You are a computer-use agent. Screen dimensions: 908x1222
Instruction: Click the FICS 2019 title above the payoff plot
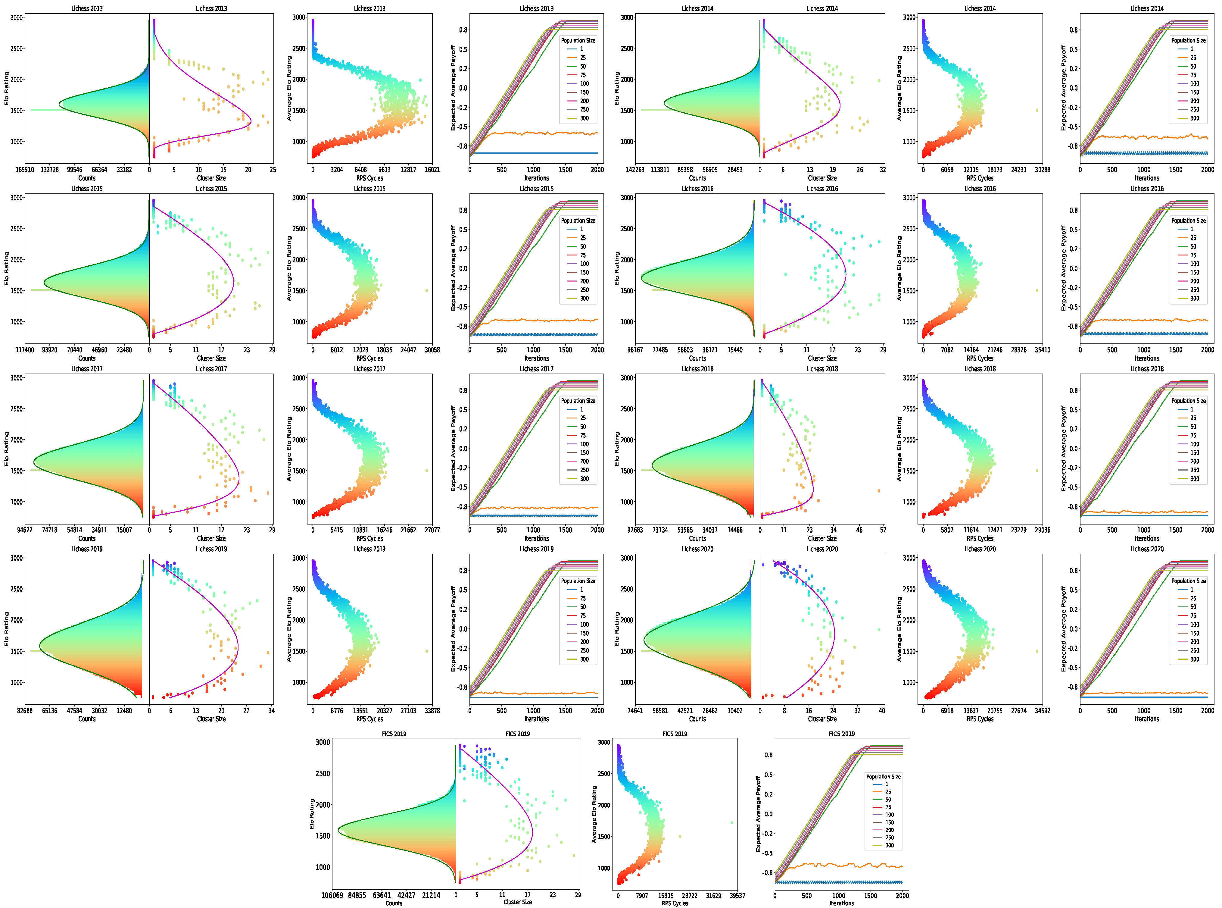(x=841, y=734)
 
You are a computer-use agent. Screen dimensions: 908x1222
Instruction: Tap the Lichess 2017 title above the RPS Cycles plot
(x=369, y=369)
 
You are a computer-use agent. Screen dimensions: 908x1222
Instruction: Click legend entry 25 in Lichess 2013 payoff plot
(x=582, y=58)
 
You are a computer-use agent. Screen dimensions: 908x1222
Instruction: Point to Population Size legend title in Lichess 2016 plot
(x=1188, y=221)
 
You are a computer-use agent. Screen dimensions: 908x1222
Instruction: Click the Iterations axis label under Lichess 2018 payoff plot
(x=1147, y=539)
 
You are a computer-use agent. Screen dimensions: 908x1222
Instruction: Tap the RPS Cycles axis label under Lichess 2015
(x=369, y=359)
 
